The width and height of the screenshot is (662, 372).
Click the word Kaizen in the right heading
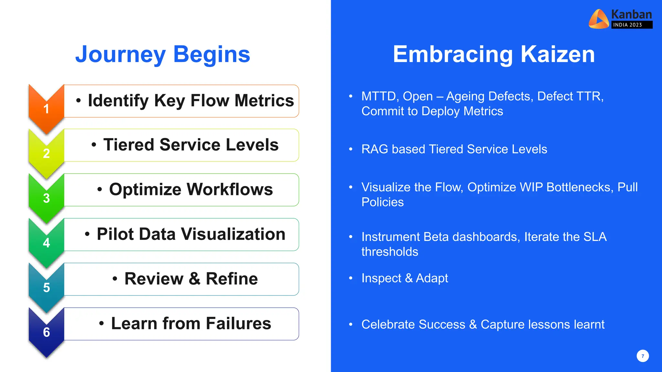click(x=558, y=54)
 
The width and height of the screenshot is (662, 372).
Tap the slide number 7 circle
click(x=643, y=356)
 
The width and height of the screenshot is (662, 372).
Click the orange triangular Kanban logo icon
click(x=598, y=19)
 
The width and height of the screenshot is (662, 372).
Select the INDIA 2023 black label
click(x=632, y=25)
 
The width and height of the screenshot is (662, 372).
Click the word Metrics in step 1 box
click(x=264, y=101)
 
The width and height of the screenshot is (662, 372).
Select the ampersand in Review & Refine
click(x=194, y=279)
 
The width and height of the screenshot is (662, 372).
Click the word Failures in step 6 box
click(x=238, y=324)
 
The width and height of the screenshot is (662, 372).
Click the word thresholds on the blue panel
click(x=390, y=252)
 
